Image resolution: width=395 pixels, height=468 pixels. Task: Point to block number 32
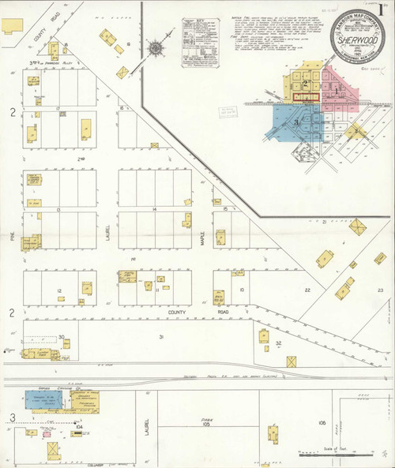click(279, 343)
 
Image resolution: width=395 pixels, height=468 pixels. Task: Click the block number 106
click(322, 424)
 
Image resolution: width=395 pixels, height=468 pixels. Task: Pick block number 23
click(380, 290)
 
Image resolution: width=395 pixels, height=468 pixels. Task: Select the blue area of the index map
click(288, 122)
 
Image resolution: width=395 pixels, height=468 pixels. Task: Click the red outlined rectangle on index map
click(304, 96)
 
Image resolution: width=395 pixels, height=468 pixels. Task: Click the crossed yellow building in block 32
click(292, 361)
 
